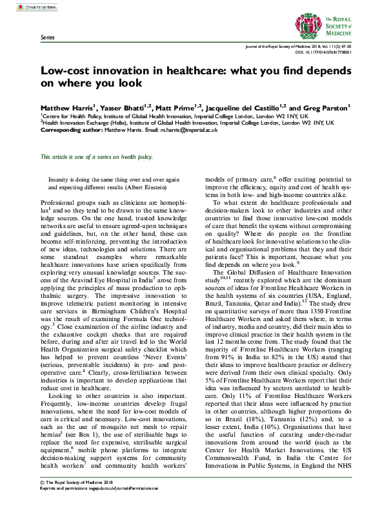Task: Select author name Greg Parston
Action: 320,108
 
